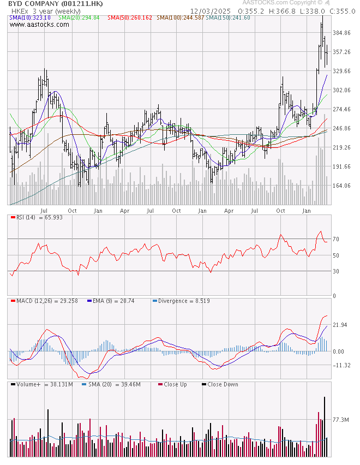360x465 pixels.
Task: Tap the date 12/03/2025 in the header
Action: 211,11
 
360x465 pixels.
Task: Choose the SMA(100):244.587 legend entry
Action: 181,18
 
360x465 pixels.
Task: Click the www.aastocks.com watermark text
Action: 35,25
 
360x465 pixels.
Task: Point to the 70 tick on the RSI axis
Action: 336,240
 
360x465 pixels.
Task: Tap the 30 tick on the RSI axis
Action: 336,271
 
